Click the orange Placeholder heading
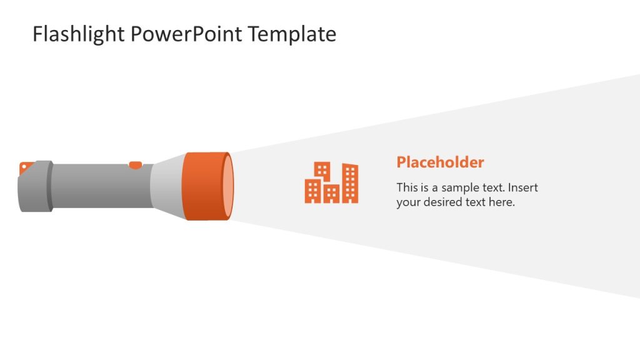pyautogui.click(x=440, y=162)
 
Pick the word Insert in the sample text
pyautogui.click(x=523, y=187)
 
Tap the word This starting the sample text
pyautogui.click(x=407, y=187)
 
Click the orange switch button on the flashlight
pyautogui.click(x=135, y=166)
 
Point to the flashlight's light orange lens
pyautogui.click(x=229, y=186)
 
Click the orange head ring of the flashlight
pyautogui.click(x=202, y=186)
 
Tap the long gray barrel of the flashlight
pyautogui.click(x=100, y=186)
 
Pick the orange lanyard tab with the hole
pyautogui.click(x=26, y=166)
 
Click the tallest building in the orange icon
pyautogui.click(x=351, y=182)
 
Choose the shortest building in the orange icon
pyautogui.click(x=332, y=194)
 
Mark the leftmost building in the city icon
pyautogui.click(x=312, y=191)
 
